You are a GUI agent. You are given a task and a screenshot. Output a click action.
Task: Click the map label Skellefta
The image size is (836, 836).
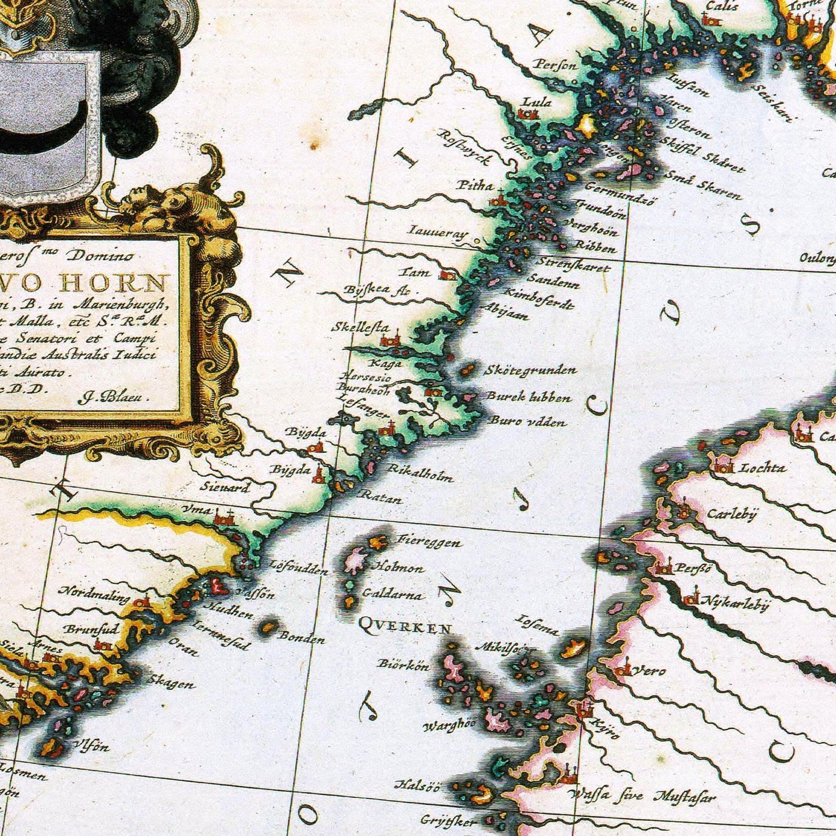click(360, 327)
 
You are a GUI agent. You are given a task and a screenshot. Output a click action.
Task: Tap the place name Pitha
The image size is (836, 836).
click(475, 185)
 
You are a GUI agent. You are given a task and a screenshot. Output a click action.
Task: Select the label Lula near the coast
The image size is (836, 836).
click(537, 102)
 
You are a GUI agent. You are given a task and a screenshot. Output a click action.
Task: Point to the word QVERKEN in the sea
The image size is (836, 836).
click(404, 626)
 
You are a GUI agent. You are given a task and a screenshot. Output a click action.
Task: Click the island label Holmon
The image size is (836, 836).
click(400, 568)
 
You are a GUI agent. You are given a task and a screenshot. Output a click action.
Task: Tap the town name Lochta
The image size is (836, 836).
click(763, 467)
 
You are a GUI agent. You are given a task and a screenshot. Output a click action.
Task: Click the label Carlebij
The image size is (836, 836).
click(732, 514)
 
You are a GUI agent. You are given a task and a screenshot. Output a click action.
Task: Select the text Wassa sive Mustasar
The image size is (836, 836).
click(641, 797)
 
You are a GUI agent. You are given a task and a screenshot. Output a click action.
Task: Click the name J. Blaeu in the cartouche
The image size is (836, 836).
click(113, 397)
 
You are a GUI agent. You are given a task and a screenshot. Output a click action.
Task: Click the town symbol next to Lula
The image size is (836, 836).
click(527, 115)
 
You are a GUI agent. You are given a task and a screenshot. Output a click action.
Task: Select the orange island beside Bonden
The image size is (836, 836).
click(267, 627)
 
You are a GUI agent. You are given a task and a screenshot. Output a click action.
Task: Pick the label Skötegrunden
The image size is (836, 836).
click(530, 370)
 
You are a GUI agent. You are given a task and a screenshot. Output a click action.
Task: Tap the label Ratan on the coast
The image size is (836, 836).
click(381, 496)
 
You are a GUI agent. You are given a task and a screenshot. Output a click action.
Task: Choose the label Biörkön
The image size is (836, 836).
click(404, 665)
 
